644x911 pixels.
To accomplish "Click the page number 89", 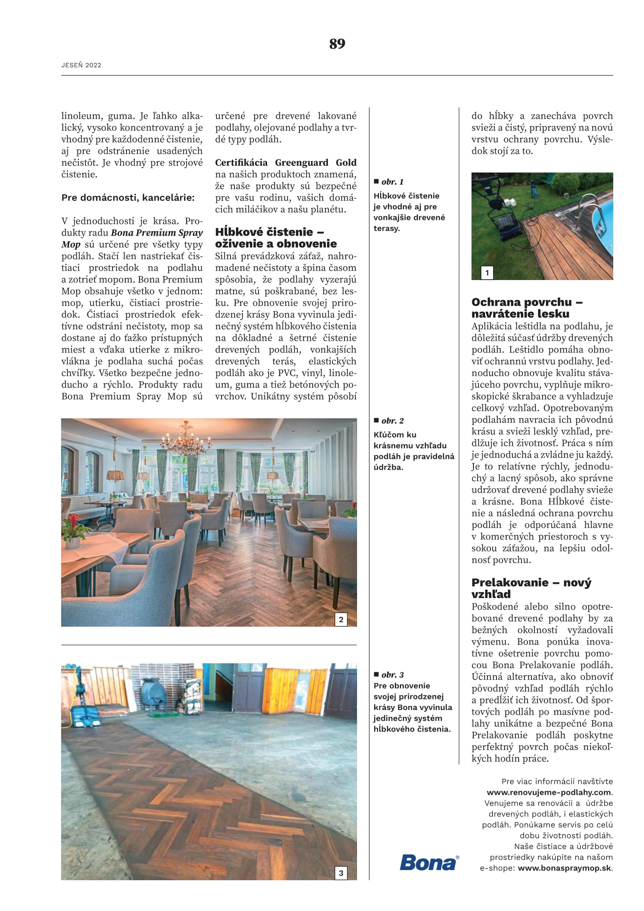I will pyautogui.click(x=337, y=44).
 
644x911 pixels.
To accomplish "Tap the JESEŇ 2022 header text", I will pyautogui.click(x=81, y=65).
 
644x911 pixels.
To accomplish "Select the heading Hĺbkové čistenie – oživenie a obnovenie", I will pyautogui.click(x=276, y=238).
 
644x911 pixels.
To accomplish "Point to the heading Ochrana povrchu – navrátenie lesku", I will pyautogui.click(x=526, y=308).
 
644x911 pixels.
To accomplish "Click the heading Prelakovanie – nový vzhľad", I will pyautogui.click(x=531, y=588).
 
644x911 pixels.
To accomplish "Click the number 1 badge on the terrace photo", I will pyautogui.click(x=487, y=273).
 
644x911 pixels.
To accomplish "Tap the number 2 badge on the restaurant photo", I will pyautogui.click(x=341, y=619).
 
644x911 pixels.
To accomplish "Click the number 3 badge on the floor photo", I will pyautogui.click(x=341, y=873).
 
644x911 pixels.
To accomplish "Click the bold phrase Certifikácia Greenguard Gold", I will pyautogui.click(x=285, y=163).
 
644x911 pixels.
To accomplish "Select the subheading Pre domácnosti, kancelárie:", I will pyautogui.click(x=128, y=198).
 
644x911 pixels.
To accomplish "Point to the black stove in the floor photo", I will pyautogui.click(x=153, y=694).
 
